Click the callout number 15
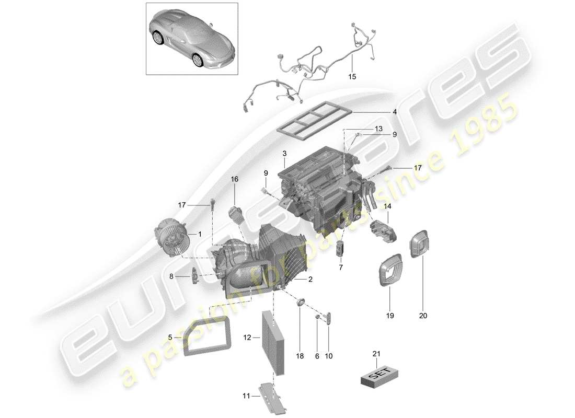(352, 77)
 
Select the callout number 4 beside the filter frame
(395, 112)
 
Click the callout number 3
(284, 154)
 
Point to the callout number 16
(235, 179)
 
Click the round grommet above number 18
(301, 301)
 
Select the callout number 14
(387, 206)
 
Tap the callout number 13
(378, 129)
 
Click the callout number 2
(310, 280)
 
